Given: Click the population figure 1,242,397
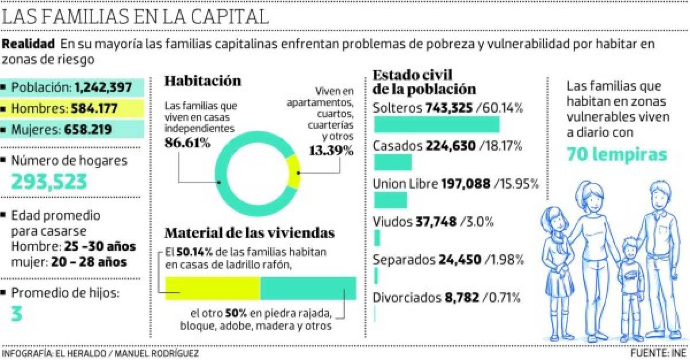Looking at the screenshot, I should click(108, 87).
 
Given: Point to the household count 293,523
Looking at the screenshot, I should click(49, 181).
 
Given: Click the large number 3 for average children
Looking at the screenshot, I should click(18, 314).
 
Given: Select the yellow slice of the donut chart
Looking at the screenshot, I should click(294, 172).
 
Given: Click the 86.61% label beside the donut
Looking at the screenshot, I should click(187, 143).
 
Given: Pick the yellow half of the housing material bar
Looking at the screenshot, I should click(213, 288).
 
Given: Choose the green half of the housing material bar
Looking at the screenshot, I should click(308, 288).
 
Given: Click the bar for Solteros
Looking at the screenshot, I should click(436, 125).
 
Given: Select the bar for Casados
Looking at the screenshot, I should click(393, 162).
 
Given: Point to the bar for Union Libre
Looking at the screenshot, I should click(390, 200).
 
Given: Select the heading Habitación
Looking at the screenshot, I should click(202, 81).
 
